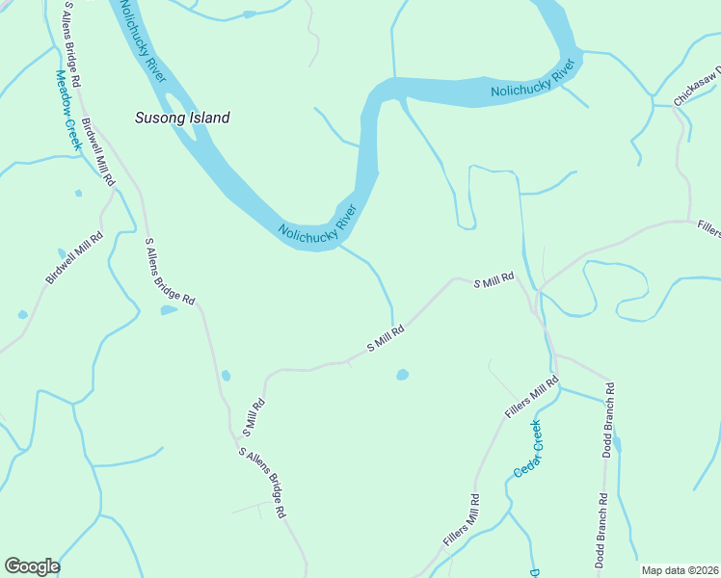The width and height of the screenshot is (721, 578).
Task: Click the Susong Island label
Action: pos(181,118)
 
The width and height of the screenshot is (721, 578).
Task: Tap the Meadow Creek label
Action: pos(67,110)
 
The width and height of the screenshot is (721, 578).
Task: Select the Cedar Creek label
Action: pos(527,449)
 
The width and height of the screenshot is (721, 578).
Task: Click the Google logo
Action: pos(32,566)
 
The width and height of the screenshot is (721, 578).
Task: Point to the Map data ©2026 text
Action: pos(680,570)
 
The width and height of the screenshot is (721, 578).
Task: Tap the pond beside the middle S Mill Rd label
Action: pos(402,374)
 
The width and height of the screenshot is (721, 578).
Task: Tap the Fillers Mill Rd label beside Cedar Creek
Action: pos(531,397)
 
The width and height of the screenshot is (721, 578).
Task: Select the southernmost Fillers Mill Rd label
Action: pos(462,521)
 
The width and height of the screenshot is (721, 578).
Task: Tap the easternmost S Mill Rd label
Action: pos(494,279)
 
